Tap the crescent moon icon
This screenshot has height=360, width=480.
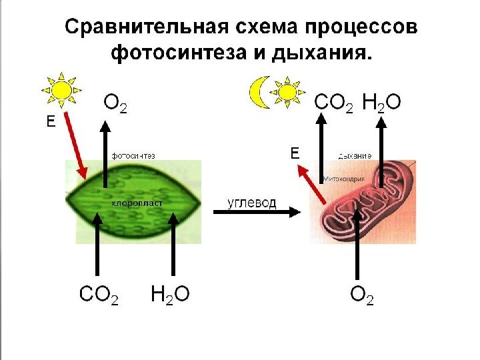[x=258, y=92]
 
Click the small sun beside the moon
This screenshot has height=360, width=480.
[x=287, y=91]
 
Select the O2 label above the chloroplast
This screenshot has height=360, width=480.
[x=115, y=104]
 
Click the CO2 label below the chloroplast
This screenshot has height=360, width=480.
[x=99, y=294]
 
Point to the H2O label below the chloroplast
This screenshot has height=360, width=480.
[x=170, y=294]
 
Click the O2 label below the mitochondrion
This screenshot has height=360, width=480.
[x=362, y=295]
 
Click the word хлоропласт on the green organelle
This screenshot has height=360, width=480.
[x=136, y=203]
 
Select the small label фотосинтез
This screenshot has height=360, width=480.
[x=133, y=155]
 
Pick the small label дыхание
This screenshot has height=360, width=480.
[x=354, y=155]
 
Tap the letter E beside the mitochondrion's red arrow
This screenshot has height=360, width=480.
[x=295, y=153]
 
